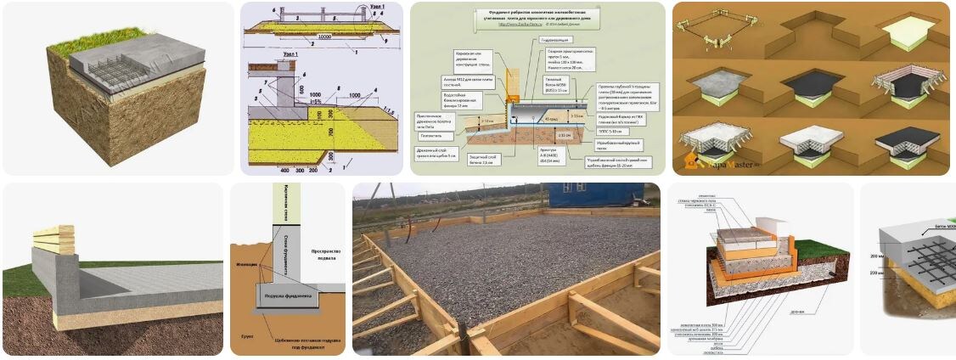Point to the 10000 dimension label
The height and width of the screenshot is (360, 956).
pos(325,36)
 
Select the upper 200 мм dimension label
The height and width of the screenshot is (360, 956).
pos(882,254)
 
